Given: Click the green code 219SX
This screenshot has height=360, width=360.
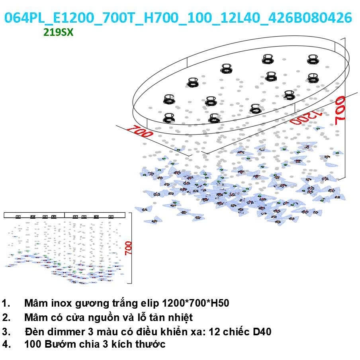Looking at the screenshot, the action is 58,32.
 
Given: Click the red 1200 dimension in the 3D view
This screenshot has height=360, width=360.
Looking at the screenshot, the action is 306,117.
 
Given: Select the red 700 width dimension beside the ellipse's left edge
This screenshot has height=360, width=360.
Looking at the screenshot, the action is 140,131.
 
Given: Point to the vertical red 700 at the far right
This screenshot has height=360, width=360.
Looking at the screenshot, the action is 340,110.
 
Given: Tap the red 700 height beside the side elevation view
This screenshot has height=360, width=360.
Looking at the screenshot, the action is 129,248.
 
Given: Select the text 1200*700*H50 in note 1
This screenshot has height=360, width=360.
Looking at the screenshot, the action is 196,303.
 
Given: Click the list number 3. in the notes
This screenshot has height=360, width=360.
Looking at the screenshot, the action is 6,332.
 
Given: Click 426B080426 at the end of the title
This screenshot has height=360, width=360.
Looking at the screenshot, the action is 310,18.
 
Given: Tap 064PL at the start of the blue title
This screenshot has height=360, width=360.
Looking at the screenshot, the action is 24,18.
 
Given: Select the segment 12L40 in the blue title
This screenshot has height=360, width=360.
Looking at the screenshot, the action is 240,18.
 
